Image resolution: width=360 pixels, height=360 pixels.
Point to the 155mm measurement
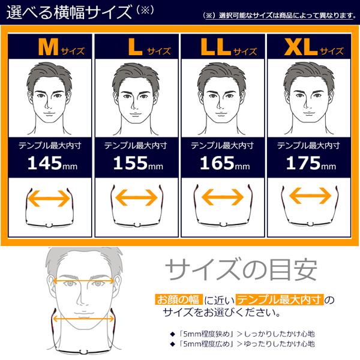pyautogui.click(x=136, y=163)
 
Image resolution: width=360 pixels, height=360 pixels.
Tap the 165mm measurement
pyautogui.click(x=222, y=163)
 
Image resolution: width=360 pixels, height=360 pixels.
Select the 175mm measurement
pyautogui.click(x=308, y=163)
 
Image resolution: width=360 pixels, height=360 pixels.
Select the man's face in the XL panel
pyautogui.click(x=308, y=96)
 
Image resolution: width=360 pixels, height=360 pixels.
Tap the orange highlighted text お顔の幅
pyautogui.click(x=178, y=299)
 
